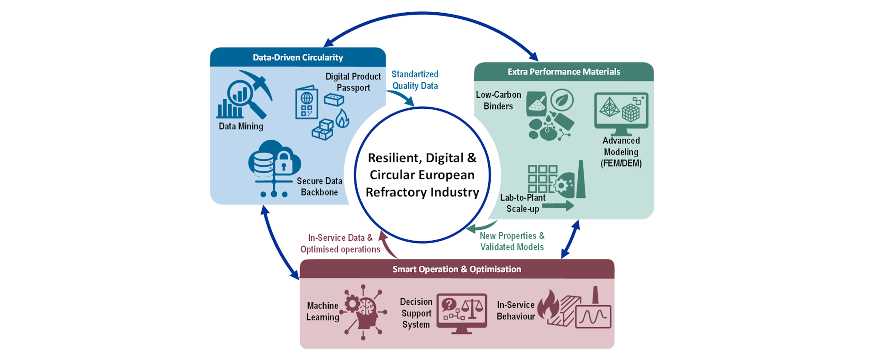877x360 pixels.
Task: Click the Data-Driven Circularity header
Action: (x=298, y=58)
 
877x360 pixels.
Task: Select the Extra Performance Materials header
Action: (x=564, y=72)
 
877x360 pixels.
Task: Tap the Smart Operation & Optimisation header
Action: (x=457, y=269)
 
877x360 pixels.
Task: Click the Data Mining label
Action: (x=241, y=126)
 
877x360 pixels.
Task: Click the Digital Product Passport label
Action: (x=353, y=82)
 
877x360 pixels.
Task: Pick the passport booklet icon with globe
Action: (x=306, y=102)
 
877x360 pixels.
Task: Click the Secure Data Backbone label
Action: (x=319, y=186)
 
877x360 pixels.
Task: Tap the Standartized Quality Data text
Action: (x=415, y=80)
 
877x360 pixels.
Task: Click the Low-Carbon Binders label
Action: (x=498, y=101)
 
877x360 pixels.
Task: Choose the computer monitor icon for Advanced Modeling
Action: (x=621, y=112)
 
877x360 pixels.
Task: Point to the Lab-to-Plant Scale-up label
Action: (x=523, y=203)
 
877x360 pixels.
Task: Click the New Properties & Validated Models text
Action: (x=512, y=241)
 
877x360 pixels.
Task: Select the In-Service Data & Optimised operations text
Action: (x=340, y=244)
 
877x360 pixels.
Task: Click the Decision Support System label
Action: (x=416, y=313)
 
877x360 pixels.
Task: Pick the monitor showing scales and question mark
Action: (x=462, y=312)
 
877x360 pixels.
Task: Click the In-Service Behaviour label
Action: (x=516, y=311)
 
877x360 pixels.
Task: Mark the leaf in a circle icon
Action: (x=562, y=100)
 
